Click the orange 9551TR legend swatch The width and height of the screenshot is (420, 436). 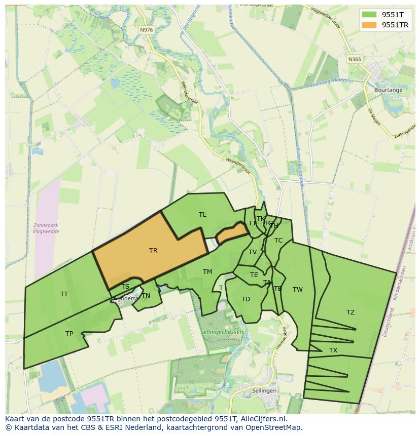point(371,25)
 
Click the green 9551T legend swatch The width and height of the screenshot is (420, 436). point(371,15)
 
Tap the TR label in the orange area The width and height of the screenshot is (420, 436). point(153,251)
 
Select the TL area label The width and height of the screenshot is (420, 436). point(202,215)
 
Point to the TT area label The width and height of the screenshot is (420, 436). point(64,294)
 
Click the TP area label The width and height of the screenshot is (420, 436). point(69,334)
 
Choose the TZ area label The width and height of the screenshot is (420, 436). point(351,312)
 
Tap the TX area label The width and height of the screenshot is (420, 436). point(333,350)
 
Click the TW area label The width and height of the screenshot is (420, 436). point(298,290)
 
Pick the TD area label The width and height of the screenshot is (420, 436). point(246,299)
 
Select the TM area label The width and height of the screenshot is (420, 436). point(207,272)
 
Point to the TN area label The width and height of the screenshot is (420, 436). point(146,296)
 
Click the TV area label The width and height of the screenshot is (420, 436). point(253,252)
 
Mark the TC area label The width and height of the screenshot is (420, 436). point(278,241)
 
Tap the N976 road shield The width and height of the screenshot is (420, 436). point(146,30)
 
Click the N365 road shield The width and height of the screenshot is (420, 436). point(355,59)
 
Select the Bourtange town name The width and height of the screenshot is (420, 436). point(388,90)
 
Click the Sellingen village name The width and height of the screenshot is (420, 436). point(264,391)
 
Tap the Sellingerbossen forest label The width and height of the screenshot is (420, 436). point(223,332)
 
